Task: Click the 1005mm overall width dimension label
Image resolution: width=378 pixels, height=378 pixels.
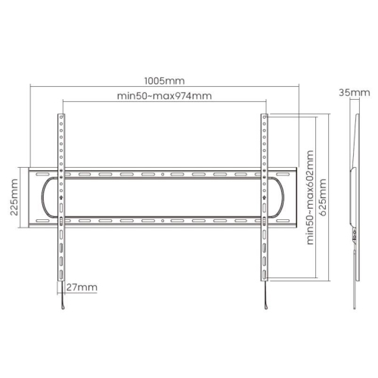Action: tap(164, 81)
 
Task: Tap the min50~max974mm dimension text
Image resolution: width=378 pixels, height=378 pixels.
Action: tap(164, 96)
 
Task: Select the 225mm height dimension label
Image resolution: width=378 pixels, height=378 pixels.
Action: tap(14, 197)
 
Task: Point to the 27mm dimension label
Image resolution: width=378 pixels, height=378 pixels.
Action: tap(82, 287)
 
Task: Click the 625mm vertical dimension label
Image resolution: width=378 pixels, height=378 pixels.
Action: tap(323, 197)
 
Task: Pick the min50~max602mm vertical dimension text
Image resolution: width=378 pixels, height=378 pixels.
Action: tap(310, 197)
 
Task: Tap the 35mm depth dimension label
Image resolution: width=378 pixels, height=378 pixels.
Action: tap(355, 93)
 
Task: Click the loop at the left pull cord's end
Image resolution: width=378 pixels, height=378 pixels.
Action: tap(63, 307)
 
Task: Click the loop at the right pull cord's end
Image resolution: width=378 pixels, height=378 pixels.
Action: tap(266, 307)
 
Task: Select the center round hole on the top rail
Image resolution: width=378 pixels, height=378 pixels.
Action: tap(163, 174)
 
